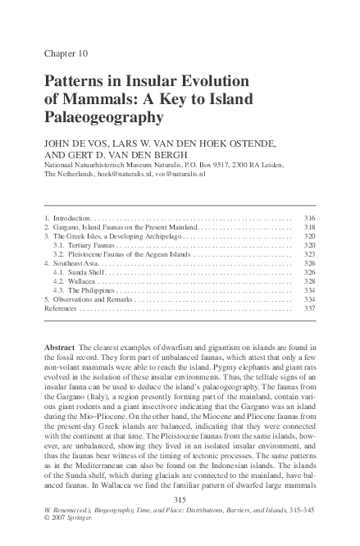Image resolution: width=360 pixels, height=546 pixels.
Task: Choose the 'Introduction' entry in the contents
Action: (70, 219)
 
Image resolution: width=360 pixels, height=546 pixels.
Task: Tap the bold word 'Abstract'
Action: (61, 348)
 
